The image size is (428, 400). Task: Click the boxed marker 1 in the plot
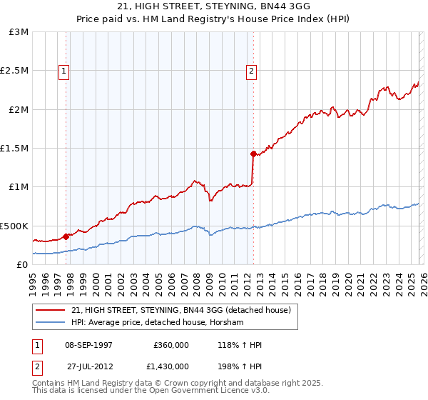(x=64, y=71)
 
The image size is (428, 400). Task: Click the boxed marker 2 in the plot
(x=253, y=71)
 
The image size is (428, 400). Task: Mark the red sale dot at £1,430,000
(x=253, y=153)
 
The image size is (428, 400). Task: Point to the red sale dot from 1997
(x=66, y=236)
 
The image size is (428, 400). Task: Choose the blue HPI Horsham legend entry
(x=157, y=323)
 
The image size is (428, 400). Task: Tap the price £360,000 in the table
(x=170, y=345)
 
